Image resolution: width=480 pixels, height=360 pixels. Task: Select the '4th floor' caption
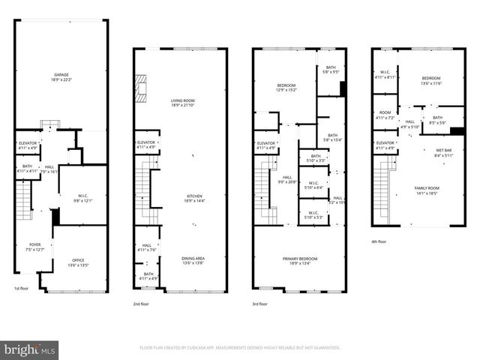tap(379, 241)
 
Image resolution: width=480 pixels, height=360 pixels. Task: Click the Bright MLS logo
tap(30, 349)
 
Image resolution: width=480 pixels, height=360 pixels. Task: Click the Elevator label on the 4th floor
tap(385, 145)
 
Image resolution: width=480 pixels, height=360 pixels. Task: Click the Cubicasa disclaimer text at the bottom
tap(240, 348)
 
